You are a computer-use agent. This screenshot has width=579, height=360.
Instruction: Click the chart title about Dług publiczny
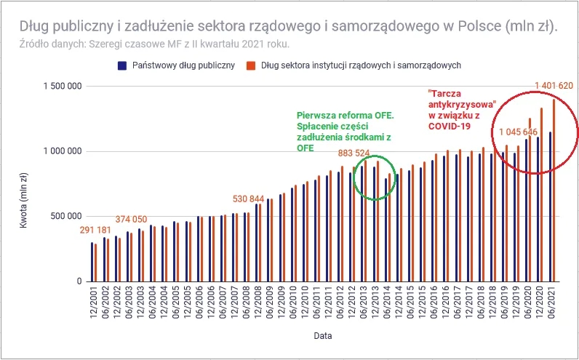pyautogui.click(x=281, y=26)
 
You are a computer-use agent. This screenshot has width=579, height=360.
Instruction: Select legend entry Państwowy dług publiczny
pyautogui.click(x=177, y=65)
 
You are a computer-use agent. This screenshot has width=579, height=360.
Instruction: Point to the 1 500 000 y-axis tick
pyautogui.click(x=60, y=87)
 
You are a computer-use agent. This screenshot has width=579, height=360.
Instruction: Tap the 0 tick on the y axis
pyautogui.click(x=77, y=281)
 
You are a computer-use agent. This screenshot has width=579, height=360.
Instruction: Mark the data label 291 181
pyautogui.click(x=100, y=231)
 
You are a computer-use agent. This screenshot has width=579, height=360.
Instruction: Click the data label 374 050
pyautogui.click(x=136, y=220)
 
